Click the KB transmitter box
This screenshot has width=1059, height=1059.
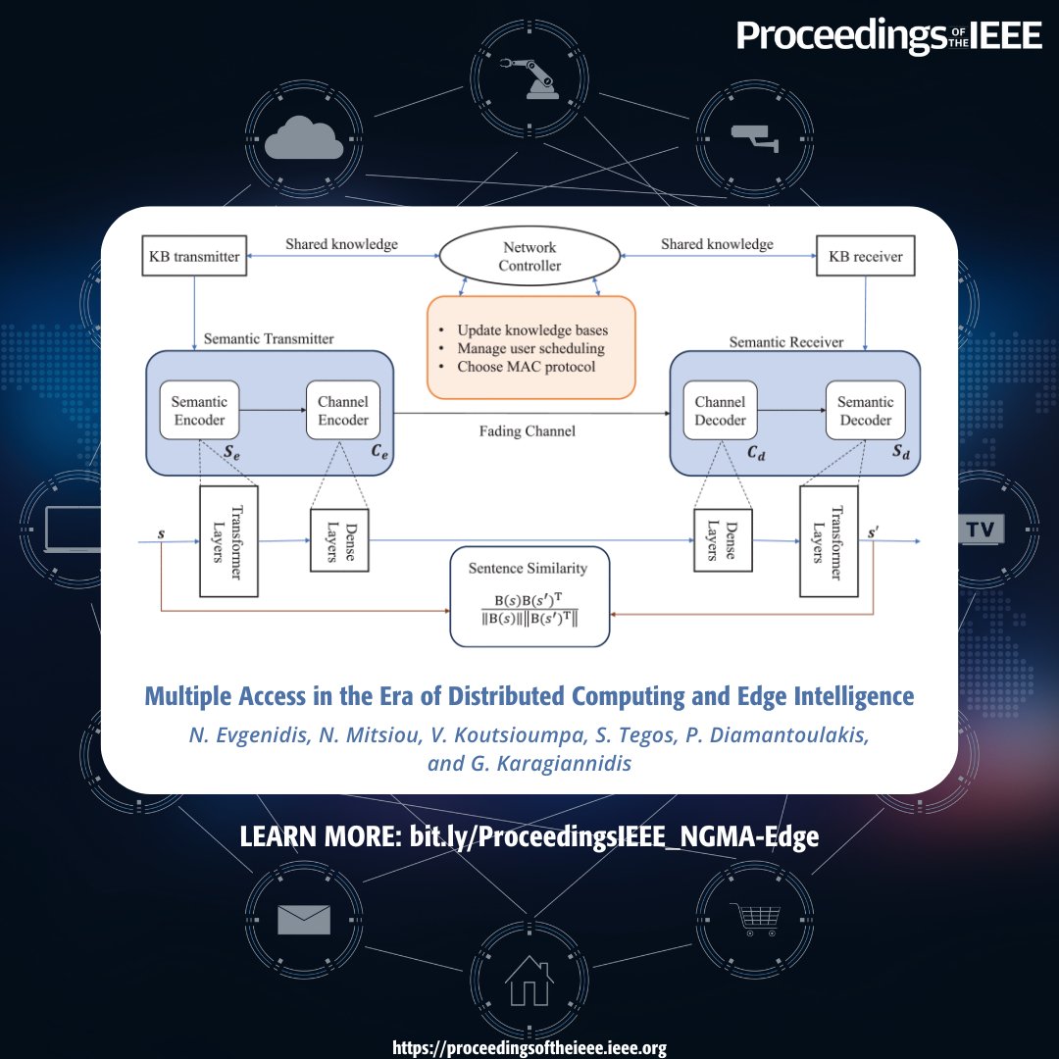tap(193, 257)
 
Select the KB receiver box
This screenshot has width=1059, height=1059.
tap(865, 257)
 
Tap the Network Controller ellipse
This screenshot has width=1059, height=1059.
tap(530, 257)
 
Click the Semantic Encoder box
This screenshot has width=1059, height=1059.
tap(199, 411)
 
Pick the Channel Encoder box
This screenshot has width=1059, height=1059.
tap(343, 411)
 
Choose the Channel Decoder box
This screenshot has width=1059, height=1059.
tap(720, 411)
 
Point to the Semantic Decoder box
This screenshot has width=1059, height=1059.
tap(865, 411)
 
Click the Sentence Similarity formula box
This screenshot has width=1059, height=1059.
tap(529, 597)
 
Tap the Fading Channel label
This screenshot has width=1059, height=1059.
tap(527, 430)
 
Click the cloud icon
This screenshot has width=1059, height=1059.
tap(304, 137)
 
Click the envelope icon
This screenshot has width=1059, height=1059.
tap(304, 919)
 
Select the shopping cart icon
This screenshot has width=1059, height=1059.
tap(755, 919)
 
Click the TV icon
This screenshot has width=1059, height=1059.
tap(980, 530)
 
